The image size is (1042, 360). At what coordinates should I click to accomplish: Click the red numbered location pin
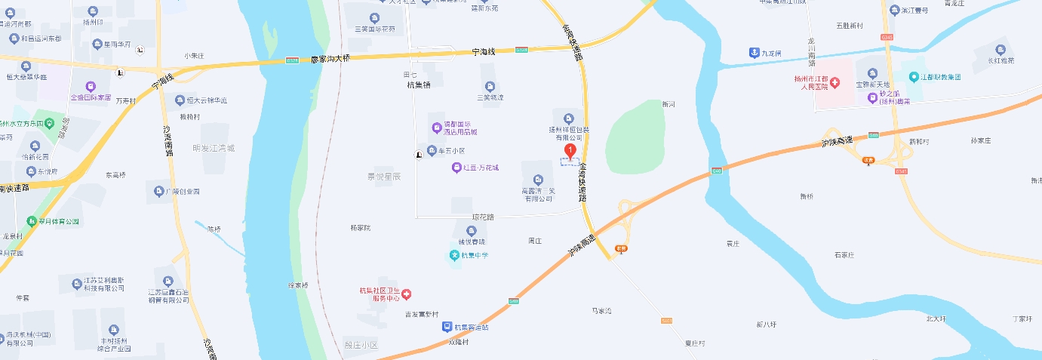[570, 150]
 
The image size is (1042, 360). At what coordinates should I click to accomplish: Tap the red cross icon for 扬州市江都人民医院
[835, 81]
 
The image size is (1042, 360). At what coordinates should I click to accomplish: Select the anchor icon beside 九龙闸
[753, 52]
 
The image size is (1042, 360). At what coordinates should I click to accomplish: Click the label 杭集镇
[418, 85]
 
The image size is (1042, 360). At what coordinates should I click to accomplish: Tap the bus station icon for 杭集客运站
[447, 327]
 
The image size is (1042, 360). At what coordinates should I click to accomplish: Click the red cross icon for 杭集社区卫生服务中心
[406, 293]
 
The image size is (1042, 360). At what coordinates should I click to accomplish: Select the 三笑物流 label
[490, 97]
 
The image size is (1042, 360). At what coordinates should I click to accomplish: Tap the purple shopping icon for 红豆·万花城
[456, 167]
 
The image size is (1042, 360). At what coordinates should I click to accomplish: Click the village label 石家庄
[844, 255]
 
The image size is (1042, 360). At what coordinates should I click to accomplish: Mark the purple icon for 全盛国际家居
[91, 87]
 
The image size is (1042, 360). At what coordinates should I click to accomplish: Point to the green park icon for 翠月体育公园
[32, 221]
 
